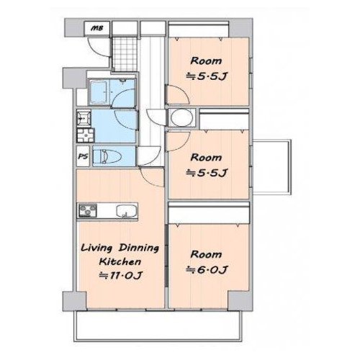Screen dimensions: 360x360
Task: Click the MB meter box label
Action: tap(96, 28)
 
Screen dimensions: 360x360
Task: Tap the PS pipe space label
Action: tap(83, 156)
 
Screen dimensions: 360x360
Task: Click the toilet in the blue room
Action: tap(107, 156)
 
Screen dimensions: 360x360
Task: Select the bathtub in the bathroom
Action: tap(98, 92)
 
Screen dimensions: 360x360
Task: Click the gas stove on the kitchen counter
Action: tap(88, 210)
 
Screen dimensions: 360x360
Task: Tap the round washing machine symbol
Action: tap(182, 117)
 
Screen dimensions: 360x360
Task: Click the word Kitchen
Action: tap(120, 261)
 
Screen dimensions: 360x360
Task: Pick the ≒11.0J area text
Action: tap(121, 275)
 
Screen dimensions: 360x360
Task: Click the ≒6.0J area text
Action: tap(207, 270)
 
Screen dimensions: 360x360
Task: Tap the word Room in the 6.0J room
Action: tap(206, 254)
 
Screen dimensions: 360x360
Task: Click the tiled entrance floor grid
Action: tap(125, 54)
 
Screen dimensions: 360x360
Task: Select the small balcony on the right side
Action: tap(271, 167)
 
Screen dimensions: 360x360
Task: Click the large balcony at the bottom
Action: tap(158, 326)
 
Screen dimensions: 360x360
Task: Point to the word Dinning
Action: tap(139, 248)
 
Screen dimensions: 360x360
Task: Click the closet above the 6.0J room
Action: tap(209, 213)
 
